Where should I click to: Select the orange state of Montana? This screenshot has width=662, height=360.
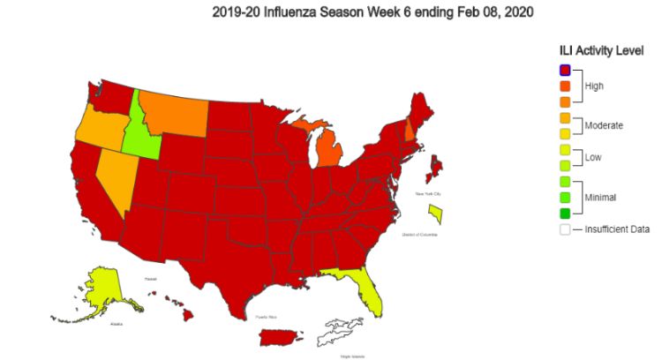tap(177, 110)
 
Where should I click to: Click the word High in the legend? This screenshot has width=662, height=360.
tap(597, 86)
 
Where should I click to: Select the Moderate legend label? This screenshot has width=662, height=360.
tap(604, 125)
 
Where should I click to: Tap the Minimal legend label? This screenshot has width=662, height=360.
tap(600, 197)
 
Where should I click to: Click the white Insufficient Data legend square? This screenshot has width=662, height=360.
tap(564, 229)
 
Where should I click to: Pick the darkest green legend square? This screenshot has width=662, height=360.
tap(564, 213)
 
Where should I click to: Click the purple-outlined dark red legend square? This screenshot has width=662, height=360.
tap(564, 70)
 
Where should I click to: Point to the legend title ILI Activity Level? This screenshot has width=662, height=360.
tap(600, 50)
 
